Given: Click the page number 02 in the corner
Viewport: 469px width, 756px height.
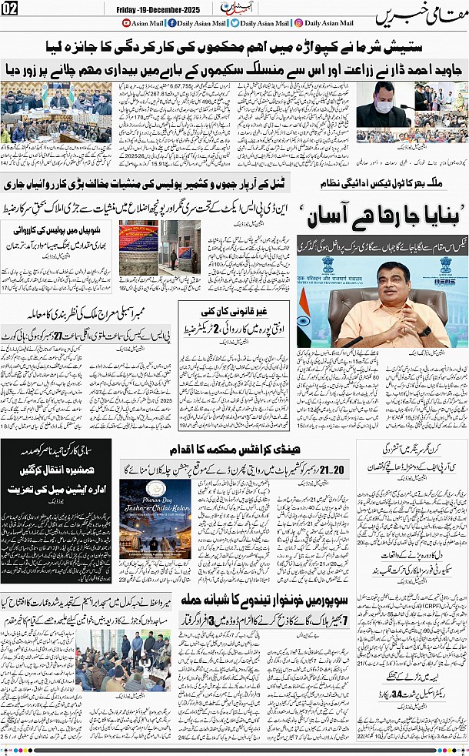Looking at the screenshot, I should point(10,8).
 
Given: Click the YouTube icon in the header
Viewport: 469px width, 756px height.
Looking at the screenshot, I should point(128,24).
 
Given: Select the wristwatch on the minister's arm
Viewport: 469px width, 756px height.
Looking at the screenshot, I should point(426,332).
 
